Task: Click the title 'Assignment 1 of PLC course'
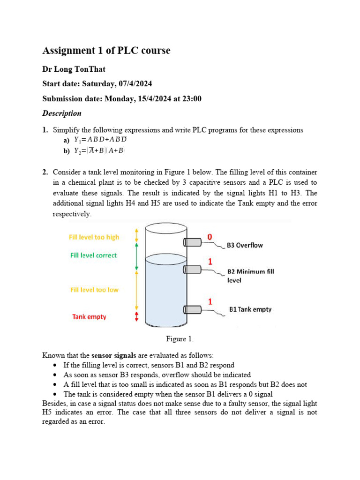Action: coord(106,51)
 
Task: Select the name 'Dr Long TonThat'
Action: coord(74,69)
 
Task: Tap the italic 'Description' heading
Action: coord(61,113)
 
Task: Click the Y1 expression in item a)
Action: coord(100,140)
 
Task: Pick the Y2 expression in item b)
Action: coord(99,150)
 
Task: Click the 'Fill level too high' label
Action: coord(94,237)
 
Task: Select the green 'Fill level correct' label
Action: coord(93,255)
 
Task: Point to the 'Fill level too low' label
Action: coord(94,290)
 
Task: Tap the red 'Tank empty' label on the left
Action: coord(89,317)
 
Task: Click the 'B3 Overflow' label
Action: coord(245,245)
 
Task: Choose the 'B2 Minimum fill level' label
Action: coord(250,276)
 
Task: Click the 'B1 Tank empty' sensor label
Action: coord(250,309)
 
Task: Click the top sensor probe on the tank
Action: coord(192,242)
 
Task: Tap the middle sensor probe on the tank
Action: coord(192,269)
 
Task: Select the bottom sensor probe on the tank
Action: coord(192,309)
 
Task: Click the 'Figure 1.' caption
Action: coord(180,338)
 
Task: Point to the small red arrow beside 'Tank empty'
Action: coord(136,317)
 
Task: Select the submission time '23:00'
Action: coord(192,99)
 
